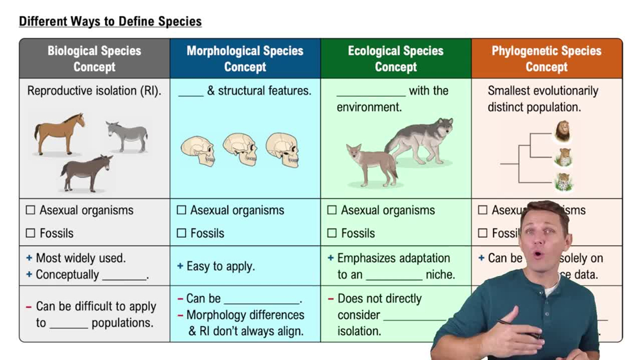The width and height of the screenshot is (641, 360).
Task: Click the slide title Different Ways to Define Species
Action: [x=110, y=21]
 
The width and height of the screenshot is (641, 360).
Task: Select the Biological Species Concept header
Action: [x=94, y=58]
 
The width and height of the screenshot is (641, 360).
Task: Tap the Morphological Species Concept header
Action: [x=245, y=58]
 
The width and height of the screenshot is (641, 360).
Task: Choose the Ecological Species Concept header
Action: [x=395, y=58]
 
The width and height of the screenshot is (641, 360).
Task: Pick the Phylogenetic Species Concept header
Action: [x=546, y=58]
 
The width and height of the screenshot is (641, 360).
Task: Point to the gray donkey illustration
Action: [x=126, y=135]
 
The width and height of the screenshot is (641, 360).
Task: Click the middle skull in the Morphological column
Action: [x=240, y=149]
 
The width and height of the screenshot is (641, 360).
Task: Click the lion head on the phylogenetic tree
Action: [x=563, y=131]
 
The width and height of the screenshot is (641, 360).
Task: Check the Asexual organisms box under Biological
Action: [x=31, y=210]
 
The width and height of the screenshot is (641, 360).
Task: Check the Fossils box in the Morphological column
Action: [x=181, y=233]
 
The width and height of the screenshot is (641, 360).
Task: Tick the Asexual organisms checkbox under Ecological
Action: [x=332, y=210]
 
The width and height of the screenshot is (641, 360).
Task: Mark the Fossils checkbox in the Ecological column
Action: [x=332, y=233]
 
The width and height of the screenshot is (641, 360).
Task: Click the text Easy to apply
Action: [x=221, y=266]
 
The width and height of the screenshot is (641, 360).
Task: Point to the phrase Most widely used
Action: [x=81, y=258]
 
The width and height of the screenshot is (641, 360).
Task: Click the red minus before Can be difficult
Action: [x=29, y=307]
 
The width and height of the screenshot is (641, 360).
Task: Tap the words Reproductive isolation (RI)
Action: [x=94, y=91]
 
